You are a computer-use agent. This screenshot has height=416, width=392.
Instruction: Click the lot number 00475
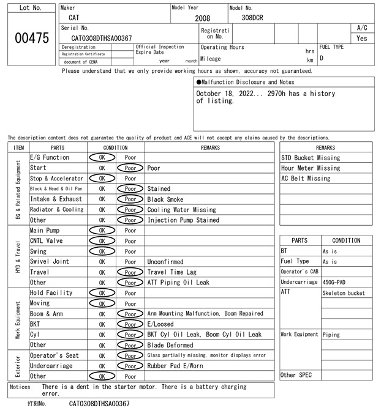[31, 38]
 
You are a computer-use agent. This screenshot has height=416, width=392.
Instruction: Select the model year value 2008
[202, 18]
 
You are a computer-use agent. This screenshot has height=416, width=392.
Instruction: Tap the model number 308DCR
[252, 18]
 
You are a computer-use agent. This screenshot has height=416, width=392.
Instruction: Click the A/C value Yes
[361, 38]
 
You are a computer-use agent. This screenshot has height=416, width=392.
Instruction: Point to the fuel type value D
[322, 58]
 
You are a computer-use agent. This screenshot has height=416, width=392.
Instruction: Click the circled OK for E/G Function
[102, 157]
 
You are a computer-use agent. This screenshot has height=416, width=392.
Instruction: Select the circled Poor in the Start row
[130, 168]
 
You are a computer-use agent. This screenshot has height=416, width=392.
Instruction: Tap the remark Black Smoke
[165, 199]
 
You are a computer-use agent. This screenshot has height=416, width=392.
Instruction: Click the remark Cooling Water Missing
[181, 209]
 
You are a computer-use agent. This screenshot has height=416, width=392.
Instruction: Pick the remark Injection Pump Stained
[183, 220]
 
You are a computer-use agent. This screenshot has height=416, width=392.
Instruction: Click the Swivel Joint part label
[50, 261]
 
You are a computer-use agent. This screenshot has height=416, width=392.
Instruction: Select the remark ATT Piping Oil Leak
[178, 282]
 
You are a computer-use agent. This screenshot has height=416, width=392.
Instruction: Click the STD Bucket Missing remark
[311, 157]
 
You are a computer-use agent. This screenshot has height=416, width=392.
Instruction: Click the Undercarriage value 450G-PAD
[334, 282]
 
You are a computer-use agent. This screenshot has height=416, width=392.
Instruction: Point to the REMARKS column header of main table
[210, 147]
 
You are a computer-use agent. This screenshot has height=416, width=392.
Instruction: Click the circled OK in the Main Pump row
[102, 230]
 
